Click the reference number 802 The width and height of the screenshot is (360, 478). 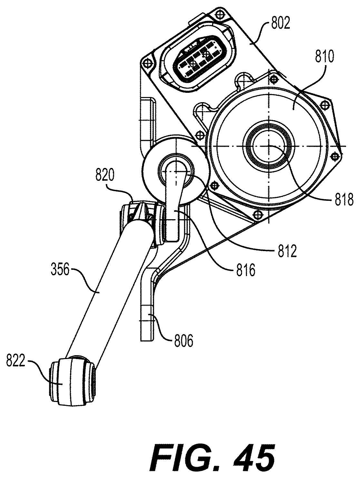[x=280, y=24]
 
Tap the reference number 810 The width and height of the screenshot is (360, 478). [x=324, y=57]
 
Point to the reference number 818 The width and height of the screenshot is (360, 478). [x=344, y=200]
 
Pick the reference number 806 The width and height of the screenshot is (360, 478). [x=183, y=341]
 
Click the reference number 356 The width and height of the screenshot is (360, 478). [x=60, y=269]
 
